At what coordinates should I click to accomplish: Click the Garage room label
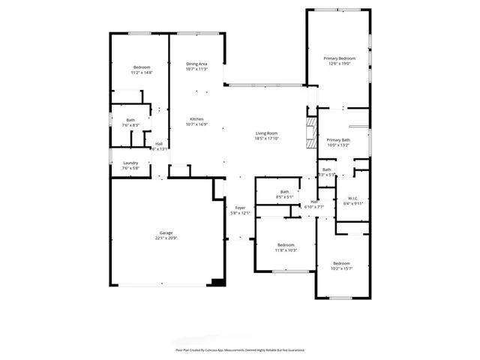click(166, 232)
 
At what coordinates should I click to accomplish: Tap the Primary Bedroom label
click(339, 58)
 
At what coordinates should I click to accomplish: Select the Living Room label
click(266, 133)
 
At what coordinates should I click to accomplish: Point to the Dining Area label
click(196, 64)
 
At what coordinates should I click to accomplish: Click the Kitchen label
click(196, 119)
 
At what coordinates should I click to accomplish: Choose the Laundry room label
click(130, 163)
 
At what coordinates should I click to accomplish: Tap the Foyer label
click(240, 207)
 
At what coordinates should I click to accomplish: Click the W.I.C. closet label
click(352, 198)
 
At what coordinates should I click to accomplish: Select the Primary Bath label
click(338, 140)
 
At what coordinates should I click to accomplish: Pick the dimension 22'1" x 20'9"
click(166, 238)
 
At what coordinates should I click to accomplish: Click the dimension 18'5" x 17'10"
click(266, 139)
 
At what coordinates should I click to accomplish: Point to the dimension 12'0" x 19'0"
click(339, 64)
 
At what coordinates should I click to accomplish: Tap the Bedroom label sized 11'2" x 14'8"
click(142, 67)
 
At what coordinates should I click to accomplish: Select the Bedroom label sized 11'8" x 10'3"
click(286, 244)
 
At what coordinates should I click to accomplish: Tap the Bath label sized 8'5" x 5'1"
click(285, 192)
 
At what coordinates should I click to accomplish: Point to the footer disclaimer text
click(240, 349)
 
